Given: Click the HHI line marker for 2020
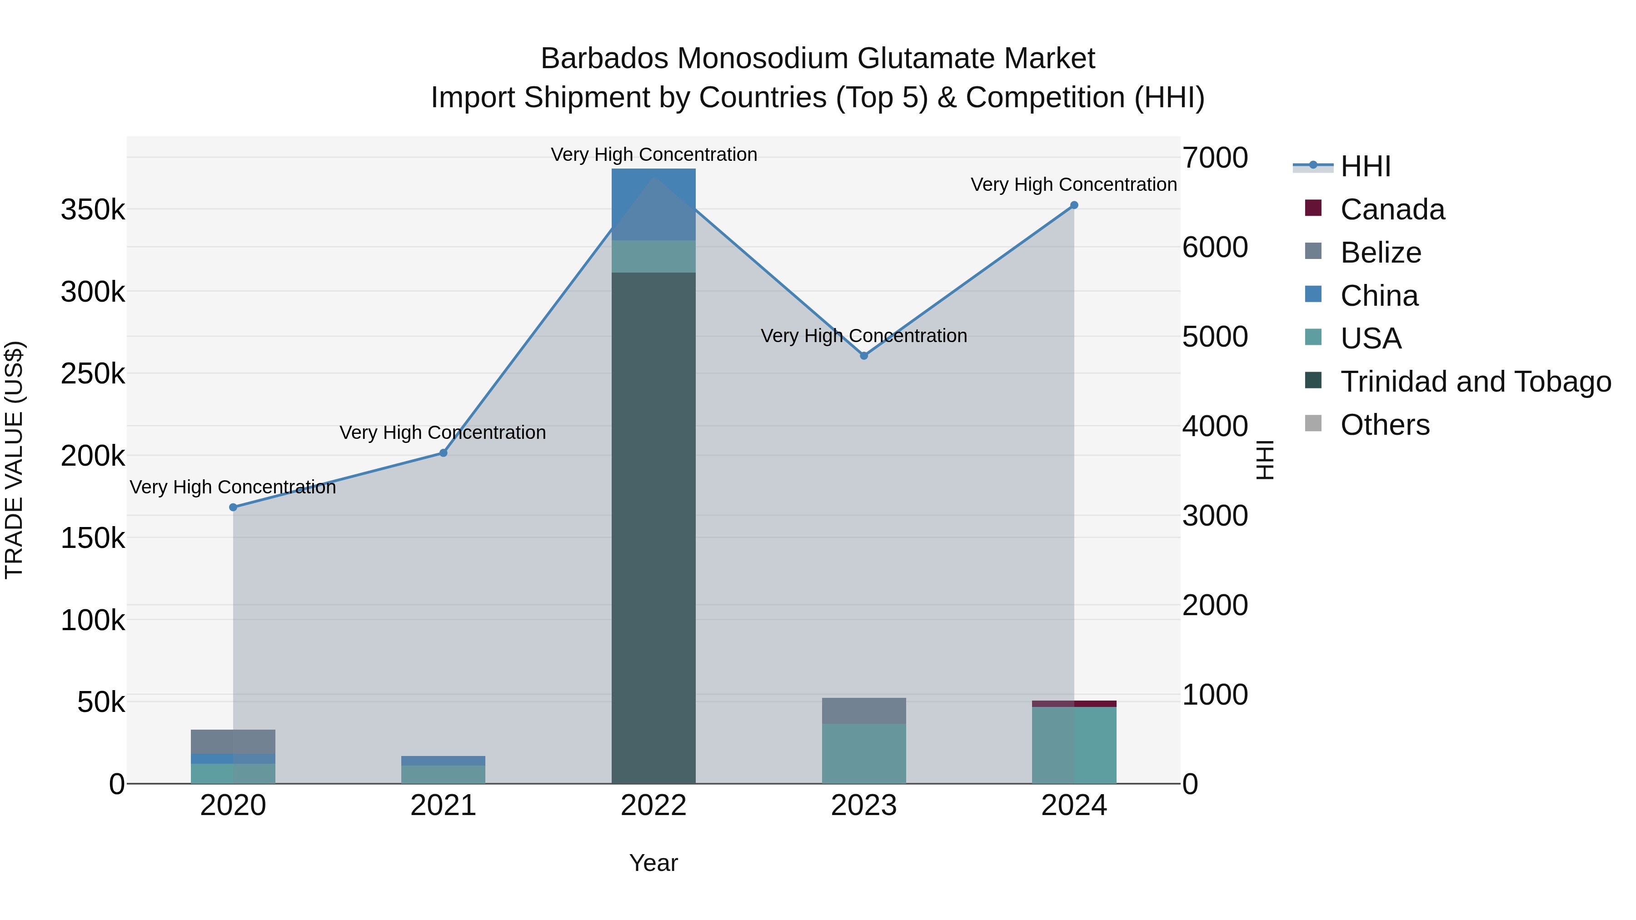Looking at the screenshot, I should [x=233, y=507].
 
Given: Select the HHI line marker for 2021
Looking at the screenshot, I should [x=443, y=453].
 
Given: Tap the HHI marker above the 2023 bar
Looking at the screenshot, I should [x=864, y=356].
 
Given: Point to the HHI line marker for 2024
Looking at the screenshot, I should [x=1074, y=205].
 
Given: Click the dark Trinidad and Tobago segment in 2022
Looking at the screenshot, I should [x=653, y=527].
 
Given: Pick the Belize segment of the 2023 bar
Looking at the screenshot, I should [x=864, y=711].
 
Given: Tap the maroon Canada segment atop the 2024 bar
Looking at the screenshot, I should [x=1074, y=703].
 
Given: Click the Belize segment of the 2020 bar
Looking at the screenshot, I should [x=233, y=741].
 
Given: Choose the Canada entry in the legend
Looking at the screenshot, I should [x=1392, y=209].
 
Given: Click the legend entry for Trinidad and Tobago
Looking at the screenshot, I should [x=1475, y=382].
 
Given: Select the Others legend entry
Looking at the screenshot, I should [x=1385, y=425].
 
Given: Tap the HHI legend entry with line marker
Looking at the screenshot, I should [x=1366, y=166].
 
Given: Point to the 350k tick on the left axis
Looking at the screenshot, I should [x=93, y=209].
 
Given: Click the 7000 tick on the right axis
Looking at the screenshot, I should [x=1214, y=158].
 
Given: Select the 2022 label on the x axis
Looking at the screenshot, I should [x=653, y=806].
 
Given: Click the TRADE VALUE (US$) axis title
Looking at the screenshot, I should [x=14, y=460].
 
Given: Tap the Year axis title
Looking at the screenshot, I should [x=653, y=863].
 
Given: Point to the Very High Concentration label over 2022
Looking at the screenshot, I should [x=653, y=154].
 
